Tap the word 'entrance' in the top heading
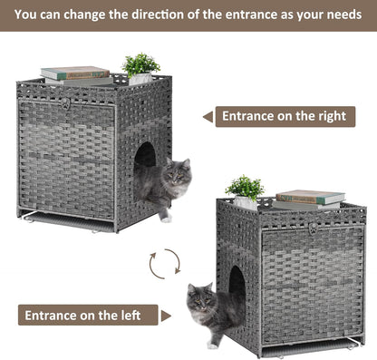239,15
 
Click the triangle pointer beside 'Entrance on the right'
208,116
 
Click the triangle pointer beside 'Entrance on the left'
165,316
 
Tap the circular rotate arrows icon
165,262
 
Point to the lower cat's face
199,298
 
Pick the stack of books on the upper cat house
75,73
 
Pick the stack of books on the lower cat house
310,197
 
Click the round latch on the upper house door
64,103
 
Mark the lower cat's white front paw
211,344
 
